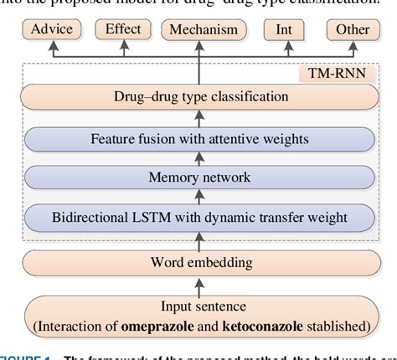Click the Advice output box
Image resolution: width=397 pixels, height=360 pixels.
click(x=51, y=30)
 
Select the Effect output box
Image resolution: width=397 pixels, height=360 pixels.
click(x=122, y=30)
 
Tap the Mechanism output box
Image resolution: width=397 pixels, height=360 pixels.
click(x=204, y=30)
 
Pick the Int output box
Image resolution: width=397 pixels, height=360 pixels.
click(x=284, y=30)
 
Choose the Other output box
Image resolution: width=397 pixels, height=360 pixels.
click(x=352, y=30)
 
